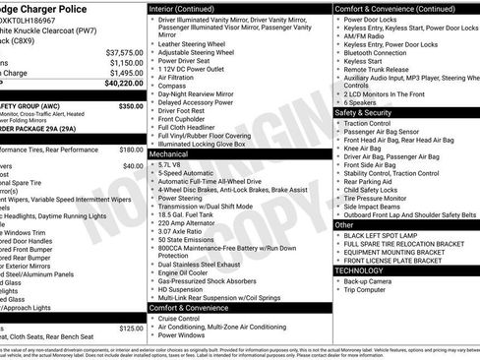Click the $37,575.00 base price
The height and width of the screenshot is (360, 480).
coord(124,51)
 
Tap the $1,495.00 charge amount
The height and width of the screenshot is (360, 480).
coord(126,73)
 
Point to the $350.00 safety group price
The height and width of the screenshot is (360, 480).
coord(130,105)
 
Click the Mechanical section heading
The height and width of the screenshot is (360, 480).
coord(169,153)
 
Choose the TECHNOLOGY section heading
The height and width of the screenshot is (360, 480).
coord(360,269)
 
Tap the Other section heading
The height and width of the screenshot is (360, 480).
coord(345,224)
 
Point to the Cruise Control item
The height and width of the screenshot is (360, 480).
coord(181,318)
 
